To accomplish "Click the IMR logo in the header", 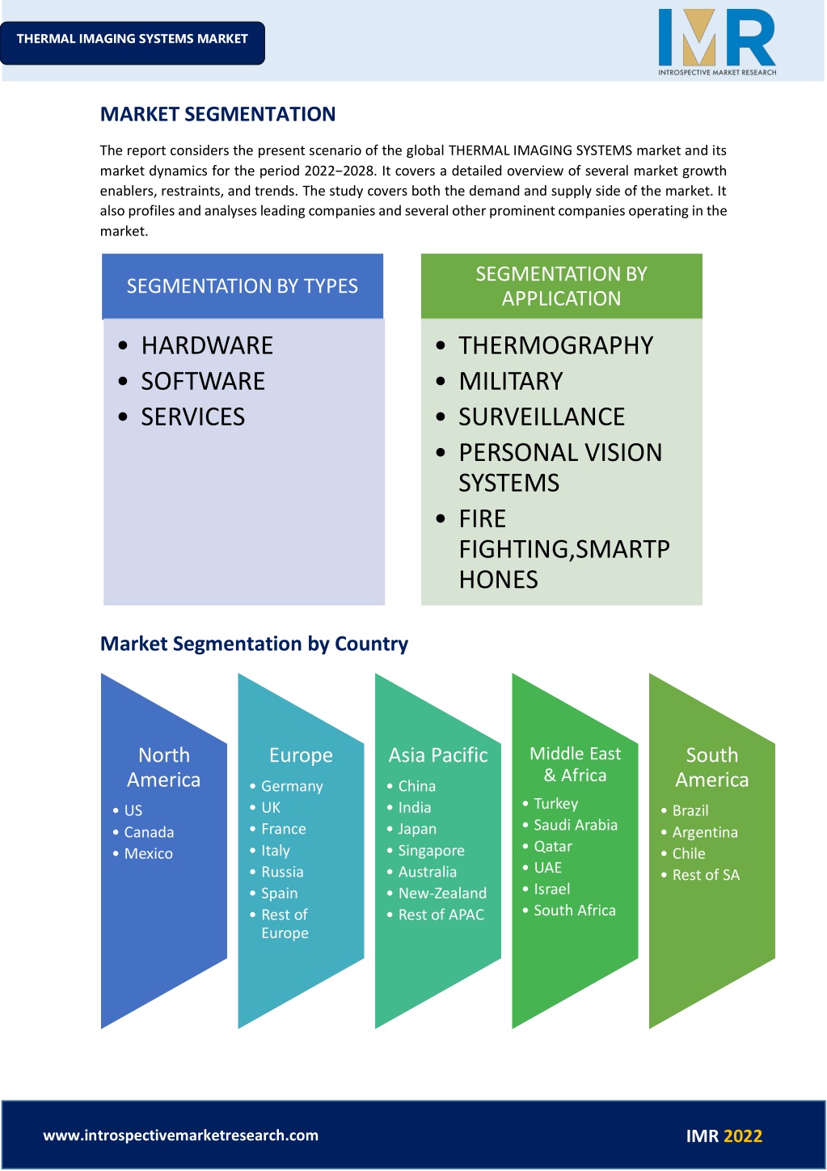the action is click(x=717, y=43).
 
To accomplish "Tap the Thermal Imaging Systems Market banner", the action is click(x=132, y=43).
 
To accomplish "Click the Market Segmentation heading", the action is click(x=217, y=114).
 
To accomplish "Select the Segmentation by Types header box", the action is click(x=243, y=286).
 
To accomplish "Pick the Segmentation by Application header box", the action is click(x=562, y=286).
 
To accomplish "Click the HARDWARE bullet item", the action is click(x=207, y=345).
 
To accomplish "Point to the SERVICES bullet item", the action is click(x=192, y=416).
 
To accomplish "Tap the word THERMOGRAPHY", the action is click(x=556, y=345).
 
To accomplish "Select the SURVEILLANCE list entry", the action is click(x=542, y=416).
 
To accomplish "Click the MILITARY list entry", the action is click(x=511, y=381).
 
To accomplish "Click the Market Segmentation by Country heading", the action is click(x=254, y=644).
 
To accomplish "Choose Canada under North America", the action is click(x=149, y=831).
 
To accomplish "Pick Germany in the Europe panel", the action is click(x=292, y=786).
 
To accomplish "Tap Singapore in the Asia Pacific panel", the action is click(x=431, y=851).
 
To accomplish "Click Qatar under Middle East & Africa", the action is click(x=553, y=846).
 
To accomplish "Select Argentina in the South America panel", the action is click(x=705, y=832).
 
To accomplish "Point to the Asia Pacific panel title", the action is click(x=438, y=755).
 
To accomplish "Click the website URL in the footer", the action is click(x=181, y=1135).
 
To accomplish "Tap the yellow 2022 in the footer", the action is click(x=743, y=1135).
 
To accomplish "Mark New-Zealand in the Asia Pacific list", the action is click(x=442, y=893).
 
